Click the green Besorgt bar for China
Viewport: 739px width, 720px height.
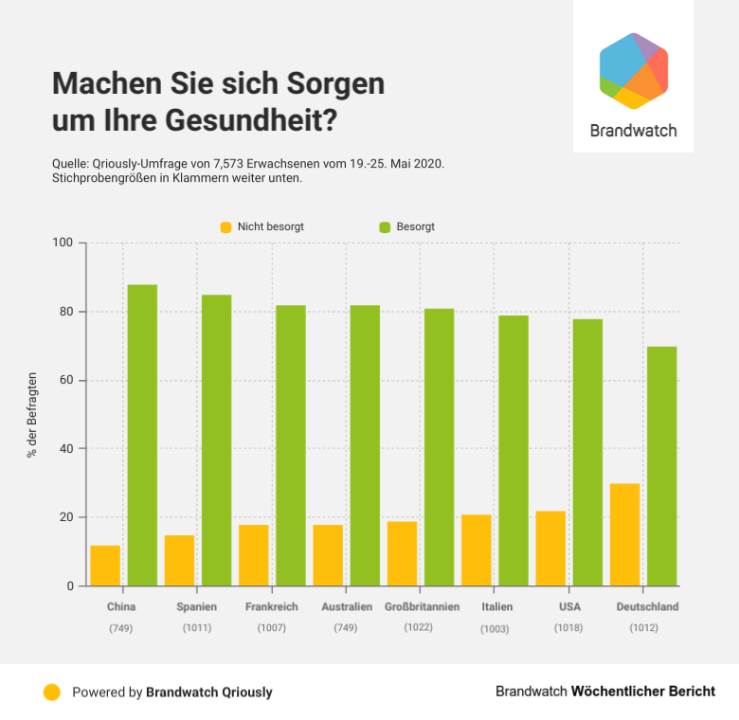(x=142, y=435)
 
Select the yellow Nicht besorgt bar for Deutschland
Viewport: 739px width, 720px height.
(x=625, y=534)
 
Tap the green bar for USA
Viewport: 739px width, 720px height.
(x=587, y=452)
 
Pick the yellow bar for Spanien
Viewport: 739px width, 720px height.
(x=179, y=561)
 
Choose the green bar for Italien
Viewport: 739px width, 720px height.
(x=514, y=450)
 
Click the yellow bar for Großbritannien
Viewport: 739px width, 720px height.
(x=402, y=553)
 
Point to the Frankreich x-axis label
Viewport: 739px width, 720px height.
(x=272, y=606)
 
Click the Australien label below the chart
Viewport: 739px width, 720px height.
(x=346, y=606)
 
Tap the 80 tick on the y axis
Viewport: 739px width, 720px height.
(x=67, y=312)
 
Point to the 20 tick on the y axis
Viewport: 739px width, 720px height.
(x=67, y=517)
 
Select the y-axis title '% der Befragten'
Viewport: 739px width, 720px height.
(x=31, y=415)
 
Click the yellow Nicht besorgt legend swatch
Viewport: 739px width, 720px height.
(x=225, y=227)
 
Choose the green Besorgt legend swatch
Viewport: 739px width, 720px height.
(x=385, y=227)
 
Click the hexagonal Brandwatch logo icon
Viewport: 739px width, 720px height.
(x=634, y=71)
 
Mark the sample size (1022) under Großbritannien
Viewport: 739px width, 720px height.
(x=418, y=626)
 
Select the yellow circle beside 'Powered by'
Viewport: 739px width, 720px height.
(x=52, y=692)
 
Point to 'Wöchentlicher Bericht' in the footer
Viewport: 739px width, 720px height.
(x=643, y=692)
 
